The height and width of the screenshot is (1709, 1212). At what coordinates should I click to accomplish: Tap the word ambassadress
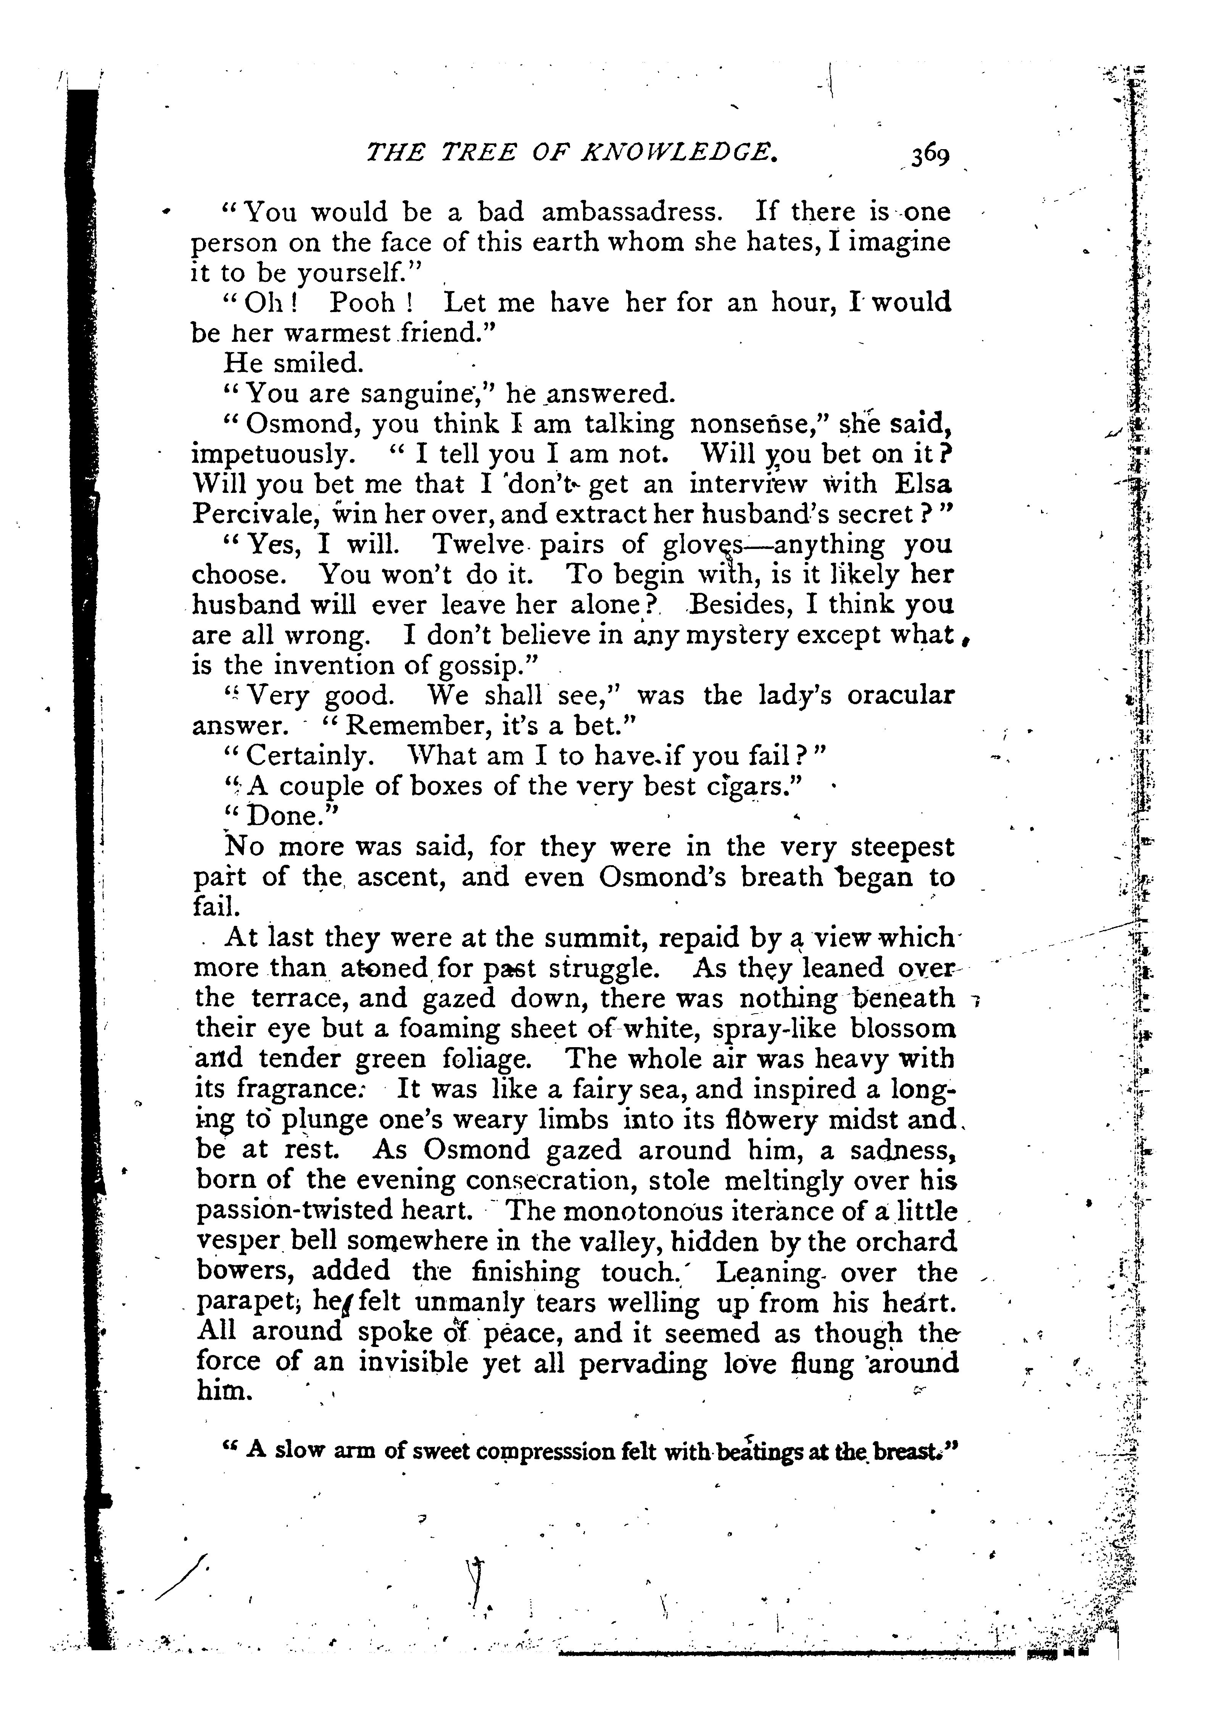(631, 212)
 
